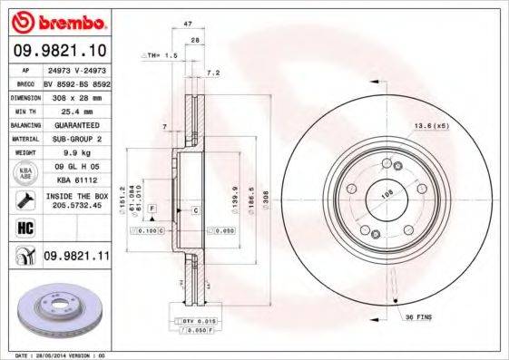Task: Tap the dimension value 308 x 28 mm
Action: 76,95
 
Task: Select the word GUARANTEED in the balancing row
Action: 77,124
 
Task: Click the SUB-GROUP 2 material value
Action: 77,139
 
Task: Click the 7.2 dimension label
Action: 214,72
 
